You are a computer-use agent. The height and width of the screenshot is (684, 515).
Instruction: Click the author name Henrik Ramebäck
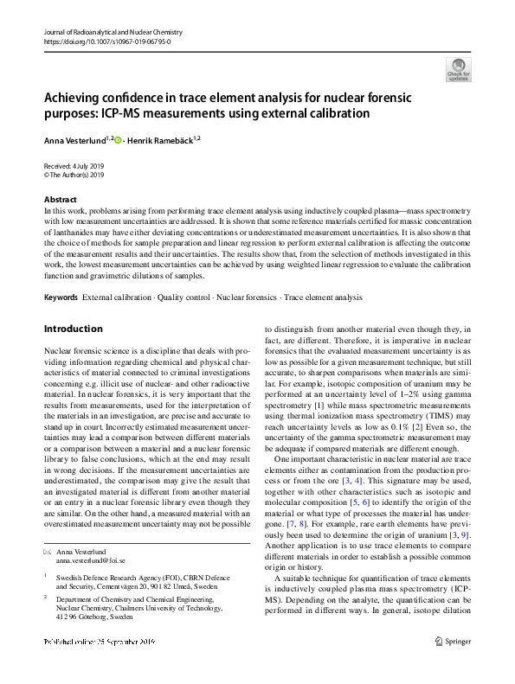point(161,139)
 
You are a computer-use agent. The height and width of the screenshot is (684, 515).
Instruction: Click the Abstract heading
point(60,199)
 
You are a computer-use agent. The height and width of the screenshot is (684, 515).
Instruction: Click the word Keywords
point(61,297)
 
